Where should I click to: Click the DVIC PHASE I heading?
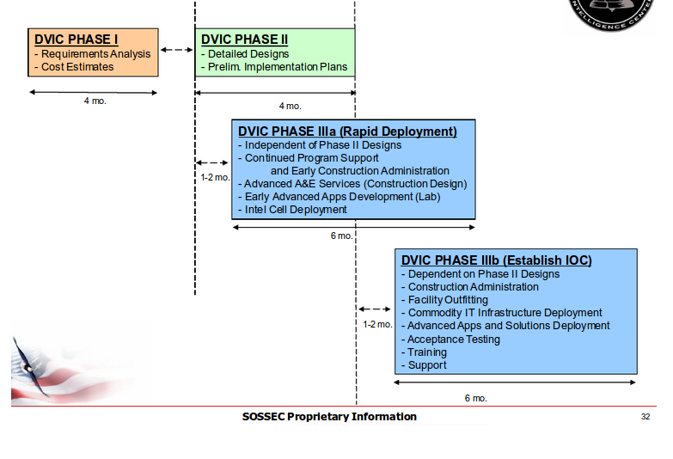pyautogui.click(x=76, y=40)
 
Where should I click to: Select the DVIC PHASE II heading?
pyautogui.click(x=244, y=40)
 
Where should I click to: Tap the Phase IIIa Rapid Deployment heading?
pyautogui.click(x=347, y=132)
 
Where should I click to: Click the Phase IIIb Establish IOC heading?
pyautogui.click(x=497, y=260)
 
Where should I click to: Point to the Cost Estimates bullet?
pyautogui.click(x=74, y=67)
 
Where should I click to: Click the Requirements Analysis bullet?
pyautogui.click(x=93, y=54)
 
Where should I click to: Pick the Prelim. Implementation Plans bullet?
pyautogui.click(x=274, y=67)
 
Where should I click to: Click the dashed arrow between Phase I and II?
pyautogui.click(x=177, y=50)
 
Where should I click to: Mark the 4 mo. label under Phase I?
pyautogui.click(x=95, y=101)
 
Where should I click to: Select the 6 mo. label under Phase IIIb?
pyautogui.click(x=475, y=398)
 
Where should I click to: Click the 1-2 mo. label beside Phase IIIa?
pyautogui.click(x=215, y=178)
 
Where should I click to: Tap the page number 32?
pyautogui.click(x=645, y=417)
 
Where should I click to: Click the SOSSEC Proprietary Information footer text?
pyautogui.click(x=329, y=417)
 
